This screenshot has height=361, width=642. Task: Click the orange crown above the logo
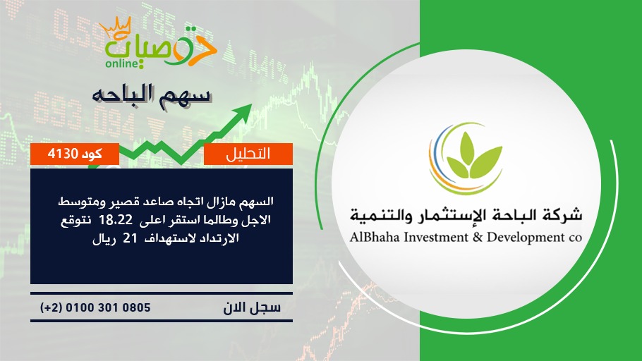[x=116, y=27]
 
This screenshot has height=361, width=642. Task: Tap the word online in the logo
[x=121, y=63]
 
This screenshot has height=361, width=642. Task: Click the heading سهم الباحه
[x=152, y=96]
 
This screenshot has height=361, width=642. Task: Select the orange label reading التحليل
[x=248, y=154]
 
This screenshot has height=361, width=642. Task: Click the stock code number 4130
[x=63, y=154]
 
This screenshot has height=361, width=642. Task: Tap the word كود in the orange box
[x=92, y=154]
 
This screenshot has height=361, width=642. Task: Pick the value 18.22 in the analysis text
[x=116, y=220]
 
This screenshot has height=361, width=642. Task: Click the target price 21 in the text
[x=130, y=238]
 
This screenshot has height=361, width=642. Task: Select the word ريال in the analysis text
[x=104, y=238]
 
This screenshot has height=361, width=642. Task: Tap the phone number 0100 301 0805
[x=108, y=307]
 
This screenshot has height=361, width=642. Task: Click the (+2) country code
[x=52, y=308]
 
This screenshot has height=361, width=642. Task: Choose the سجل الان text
[x=252, y=307]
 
